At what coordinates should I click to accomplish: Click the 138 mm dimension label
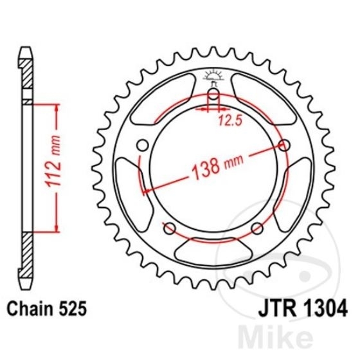click(x=217, y=165)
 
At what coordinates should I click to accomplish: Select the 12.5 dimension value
click(x=231, y=120)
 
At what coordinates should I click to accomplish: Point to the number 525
click(x=73, y=308)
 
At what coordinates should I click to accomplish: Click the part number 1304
click(x=325, y=309)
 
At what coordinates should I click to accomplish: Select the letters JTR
click(x=277, y=309)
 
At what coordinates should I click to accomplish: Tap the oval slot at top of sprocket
click(x=213, y=94)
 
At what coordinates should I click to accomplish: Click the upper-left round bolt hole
click(x=143, y=145)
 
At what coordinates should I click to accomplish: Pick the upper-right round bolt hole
click(x=285, y=145)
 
